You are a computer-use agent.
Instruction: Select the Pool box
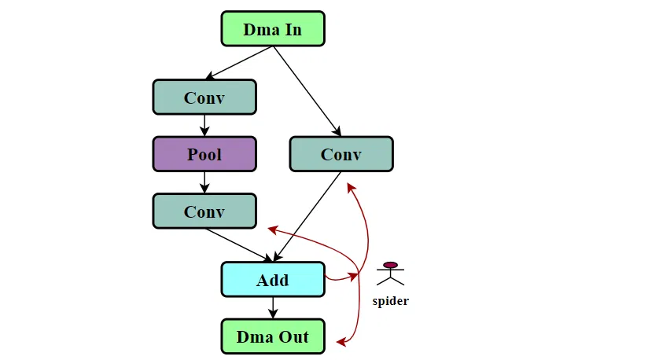[x=204, y=154]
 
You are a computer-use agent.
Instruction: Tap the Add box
[x=272, y=280]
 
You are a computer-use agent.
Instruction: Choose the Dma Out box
[x=272, y=336]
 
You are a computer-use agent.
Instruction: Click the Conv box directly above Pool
[x=204, y=97]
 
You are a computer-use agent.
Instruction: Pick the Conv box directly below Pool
[x=204, y=211]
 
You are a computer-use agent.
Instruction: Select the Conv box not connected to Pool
[x=341, y=154]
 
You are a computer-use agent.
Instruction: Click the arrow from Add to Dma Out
[x=273, y=307]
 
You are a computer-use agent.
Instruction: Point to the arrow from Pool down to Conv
[x=204, y=182]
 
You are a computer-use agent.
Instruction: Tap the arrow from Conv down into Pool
[x=204, y=126]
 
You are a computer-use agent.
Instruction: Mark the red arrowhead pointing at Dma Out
[x=341, y=342]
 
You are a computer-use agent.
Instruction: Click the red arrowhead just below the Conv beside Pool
[x=352, y=186]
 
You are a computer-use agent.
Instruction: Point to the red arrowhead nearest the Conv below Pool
[x=272, y=229]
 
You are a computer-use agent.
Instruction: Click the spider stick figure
[x=391, y=274]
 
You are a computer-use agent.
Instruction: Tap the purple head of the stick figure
[x=391, y=265]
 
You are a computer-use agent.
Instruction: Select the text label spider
[x=391, y=301]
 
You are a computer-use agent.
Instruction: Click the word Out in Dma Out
[x=295, y=336]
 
